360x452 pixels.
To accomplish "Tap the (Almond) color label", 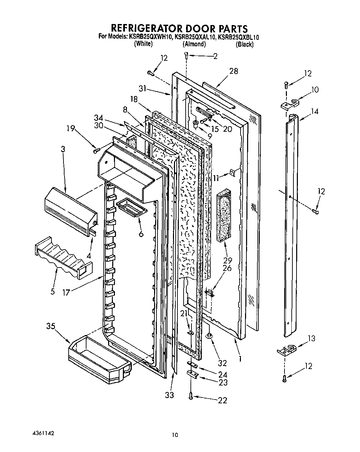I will pyautogui.click(x=194, y=44).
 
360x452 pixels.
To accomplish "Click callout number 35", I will pyautogui.click(x=51, y=326).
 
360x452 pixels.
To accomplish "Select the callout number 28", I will pyautogui.click(x=234, y=71).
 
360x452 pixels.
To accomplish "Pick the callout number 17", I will pyautogui.click(x=67, y=293).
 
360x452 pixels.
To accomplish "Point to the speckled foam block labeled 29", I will pyautogui.click(x=224, y=216).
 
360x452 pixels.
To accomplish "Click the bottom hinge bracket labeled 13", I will pyautogui.click(x=286, y=349).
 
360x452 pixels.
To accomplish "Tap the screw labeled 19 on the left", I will pyautogui.click(x=96, y=150).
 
